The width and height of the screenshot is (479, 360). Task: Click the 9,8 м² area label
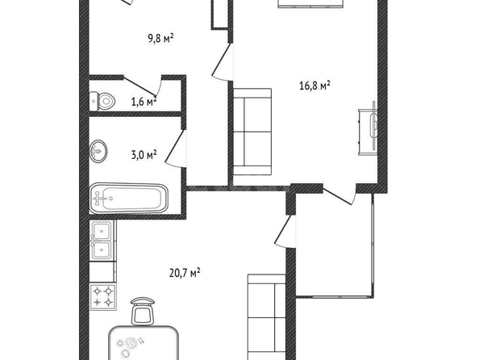coord(161,39)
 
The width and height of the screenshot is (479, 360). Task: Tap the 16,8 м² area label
coord(314,86)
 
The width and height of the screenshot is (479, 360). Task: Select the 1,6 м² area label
coord(144,101)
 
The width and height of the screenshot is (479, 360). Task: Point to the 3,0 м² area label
coord(144,154)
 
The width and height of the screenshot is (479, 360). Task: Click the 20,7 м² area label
coord(185,272)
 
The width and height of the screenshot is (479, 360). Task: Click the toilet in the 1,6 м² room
coord(102,101)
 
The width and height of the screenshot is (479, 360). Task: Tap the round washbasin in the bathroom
coord(98,151)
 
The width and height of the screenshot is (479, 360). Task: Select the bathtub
coord(128,199)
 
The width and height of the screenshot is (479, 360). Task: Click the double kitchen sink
coord(102,241)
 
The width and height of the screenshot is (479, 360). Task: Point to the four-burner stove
coord(103,297)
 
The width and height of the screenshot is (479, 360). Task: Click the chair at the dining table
coord(143,311)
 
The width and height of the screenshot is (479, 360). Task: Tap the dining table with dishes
coord(144,343)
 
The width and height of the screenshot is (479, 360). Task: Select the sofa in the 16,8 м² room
coord(252,132)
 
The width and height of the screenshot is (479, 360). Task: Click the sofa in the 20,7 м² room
coord(266,317)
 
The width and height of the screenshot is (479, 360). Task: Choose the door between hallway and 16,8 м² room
coord(222,62)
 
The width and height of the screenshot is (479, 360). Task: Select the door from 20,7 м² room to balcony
coord(285,231)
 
